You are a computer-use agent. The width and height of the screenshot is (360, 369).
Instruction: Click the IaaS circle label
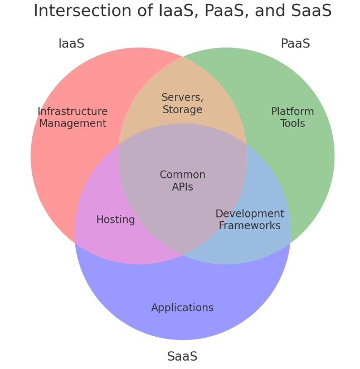click(71, 43)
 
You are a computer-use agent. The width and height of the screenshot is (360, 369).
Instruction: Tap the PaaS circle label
click(295, 43)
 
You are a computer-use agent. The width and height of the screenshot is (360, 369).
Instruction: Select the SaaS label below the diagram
click(182, 356)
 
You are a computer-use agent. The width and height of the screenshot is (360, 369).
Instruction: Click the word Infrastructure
click(72, 111)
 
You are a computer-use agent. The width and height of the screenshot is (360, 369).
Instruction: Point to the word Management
click(72, 123)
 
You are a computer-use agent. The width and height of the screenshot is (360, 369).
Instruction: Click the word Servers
click(182, 98)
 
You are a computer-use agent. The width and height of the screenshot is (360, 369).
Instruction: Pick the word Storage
click(182, 110)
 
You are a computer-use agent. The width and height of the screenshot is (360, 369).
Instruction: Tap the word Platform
click(293, 111)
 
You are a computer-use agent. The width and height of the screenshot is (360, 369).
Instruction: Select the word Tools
click(293, 123)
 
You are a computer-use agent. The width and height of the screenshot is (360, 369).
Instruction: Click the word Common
click(182, 175)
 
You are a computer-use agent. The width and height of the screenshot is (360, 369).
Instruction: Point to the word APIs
click(182, 187)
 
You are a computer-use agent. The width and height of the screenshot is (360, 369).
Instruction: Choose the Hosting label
click(115, 220)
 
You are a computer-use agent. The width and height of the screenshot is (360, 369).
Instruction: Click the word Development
click(250, 213)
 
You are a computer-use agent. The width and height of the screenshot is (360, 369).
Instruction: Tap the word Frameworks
click(250, 226)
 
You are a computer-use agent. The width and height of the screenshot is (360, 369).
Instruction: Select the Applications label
click(182, 308)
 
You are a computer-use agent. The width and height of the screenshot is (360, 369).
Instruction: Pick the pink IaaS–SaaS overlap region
click(106, 240)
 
